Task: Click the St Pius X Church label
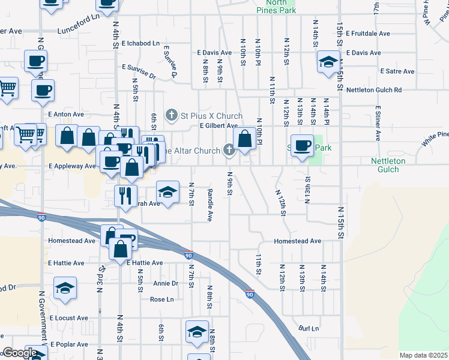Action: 211,116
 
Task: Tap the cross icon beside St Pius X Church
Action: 172,115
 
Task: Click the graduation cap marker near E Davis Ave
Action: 328,62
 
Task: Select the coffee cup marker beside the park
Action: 303,145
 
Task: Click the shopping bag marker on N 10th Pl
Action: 244,139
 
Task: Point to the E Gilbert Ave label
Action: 218,126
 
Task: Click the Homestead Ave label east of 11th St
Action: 298,241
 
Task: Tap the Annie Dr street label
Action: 166,283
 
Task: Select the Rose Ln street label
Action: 161,299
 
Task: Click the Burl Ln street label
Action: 309,328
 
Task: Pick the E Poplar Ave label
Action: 68,344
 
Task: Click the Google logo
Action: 20,353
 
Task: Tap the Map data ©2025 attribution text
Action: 423,355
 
